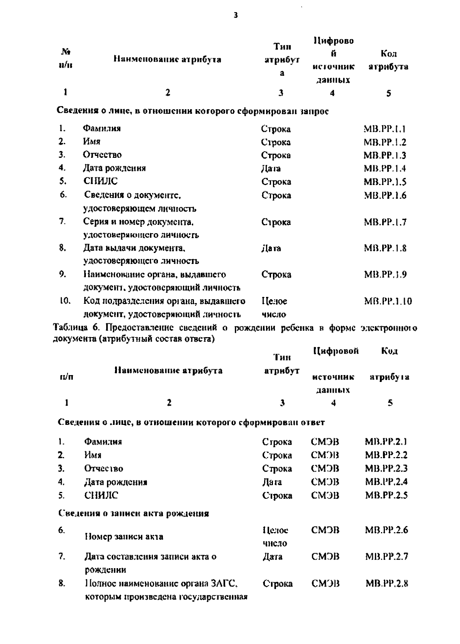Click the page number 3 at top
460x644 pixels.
(x=235, y=15)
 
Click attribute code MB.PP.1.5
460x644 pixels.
(x=385, y=182)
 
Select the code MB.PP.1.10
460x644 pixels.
(x=388, y=302)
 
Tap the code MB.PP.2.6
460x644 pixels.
(x=386, y=530)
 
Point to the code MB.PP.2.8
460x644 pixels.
(x=386, y=583)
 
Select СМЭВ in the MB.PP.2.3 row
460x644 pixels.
(x=325, y=469)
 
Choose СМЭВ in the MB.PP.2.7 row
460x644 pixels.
(x=325, y=556)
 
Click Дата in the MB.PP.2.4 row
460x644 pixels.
(x=272, y=482)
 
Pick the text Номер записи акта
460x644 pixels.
(x=124, y=537)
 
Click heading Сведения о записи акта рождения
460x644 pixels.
(x=134, y=513)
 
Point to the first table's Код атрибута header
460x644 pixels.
(x=388, y=60)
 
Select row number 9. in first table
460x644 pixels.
(x=63, y=274)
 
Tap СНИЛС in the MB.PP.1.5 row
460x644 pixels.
(x=100, y=181)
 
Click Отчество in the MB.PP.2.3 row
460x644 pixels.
(x=103, y=469)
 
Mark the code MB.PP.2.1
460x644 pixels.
(x=386, y=442)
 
